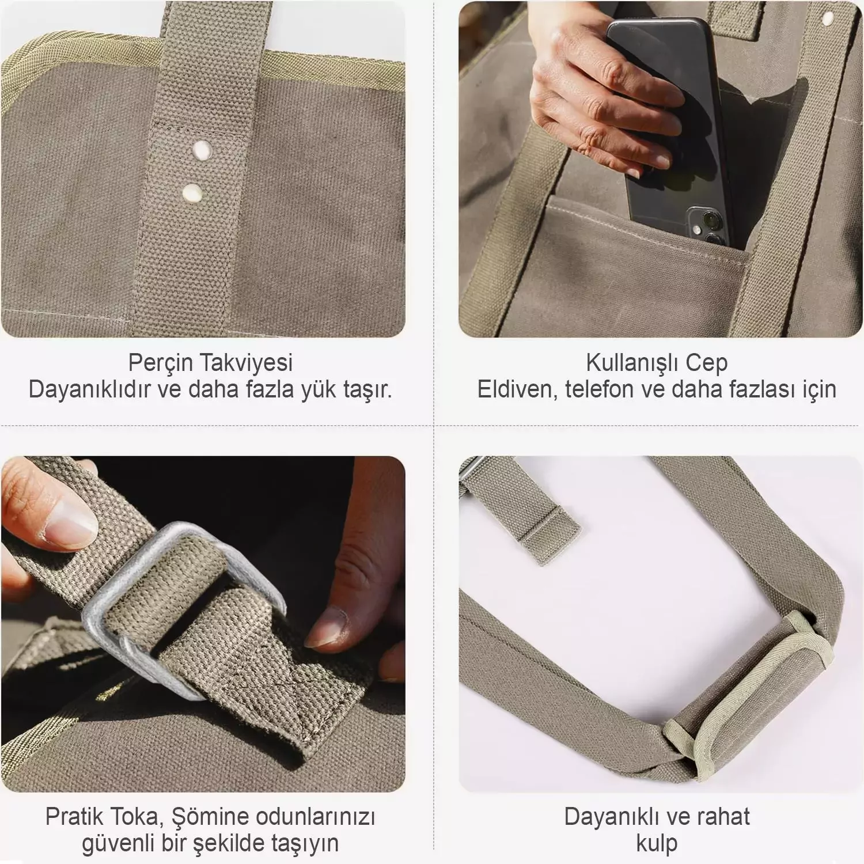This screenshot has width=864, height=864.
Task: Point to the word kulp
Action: (x=657, y=844)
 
